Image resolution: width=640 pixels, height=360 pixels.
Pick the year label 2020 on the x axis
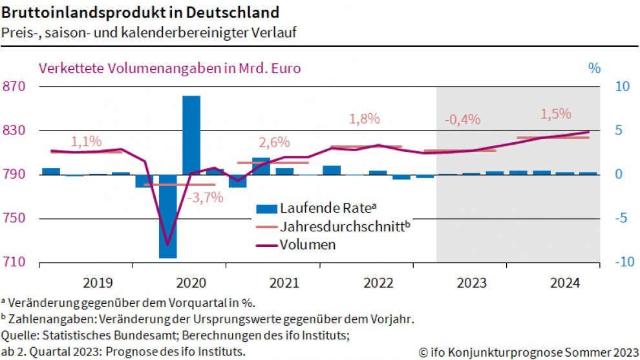click(191, 282)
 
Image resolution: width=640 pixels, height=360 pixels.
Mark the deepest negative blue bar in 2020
click(168, 216)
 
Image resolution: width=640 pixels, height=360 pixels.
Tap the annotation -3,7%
click(205, 198)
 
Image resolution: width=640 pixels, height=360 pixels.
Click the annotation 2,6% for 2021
click(274, 142)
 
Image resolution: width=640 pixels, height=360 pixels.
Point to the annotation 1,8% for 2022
click(364, 119)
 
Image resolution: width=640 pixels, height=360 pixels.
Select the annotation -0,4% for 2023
click(462, 120)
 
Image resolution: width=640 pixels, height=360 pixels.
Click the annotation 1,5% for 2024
click(556, 114)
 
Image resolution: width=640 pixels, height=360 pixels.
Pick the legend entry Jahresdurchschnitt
click(345, 227)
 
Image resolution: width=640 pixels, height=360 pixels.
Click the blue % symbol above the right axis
click(595, 67)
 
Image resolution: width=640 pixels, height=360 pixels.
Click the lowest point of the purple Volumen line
click(168, 245)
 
